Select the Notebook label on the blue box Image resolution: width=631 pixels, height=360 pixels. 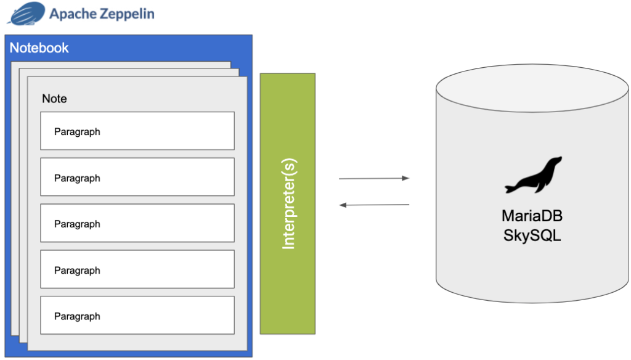click(x=39, y=48)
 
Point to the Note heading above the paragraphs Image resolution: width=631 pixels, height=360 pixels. click(x=54, y=99)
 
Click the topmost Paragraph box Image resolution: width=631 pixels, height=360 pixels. click(x=137, y=131)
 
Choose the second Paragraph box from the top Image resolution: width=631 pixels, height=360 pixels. click(x=137, y=177)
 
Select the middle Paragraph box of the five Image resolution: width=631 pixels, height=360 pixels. click(x=137, y=223)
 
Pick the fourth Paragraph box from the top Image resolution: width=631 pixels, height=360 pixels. click(x=137, y=269)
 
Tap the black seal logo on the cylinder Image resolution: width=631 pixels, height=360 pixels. click(x=533, y=176)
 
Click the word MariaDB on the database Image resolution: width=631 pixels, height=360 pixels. click(x=532, y=217)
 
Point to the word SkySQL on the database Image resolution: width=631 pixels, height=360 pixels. click(x=532, y=235)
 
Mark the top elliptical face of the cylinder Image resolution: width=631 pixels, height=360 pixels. click(x=532, y=87)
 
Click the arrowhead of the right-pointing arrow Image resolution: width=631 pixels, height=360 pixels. click(x=406, y=178)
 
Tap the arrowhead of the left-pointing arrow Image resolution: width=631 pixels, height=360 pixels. click(x=343, y=205)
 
